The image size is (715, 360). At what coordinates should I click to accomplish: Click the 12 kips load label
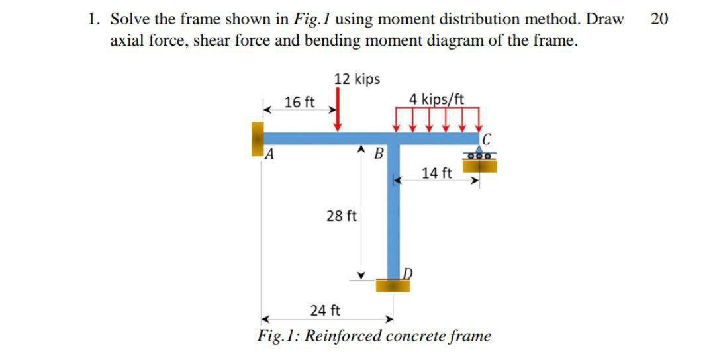click(x=357, y=79)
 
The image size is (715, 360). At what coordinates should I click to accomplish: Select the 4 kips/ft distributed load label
click(x=437, y=99)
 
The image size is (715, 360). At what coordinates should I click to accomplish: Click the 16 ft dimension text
click(x=299, y=102)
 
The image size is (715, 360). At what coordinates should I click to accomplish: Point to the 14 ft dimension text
click(x=437, y=173)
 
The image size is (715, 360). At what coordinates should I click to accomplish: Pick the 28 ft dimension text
click(x=342, y=216)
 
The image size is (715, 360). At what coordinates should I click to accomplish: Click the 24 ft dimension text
click(x=326, y=310)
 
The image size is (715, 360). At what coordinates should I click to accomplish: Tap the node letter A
click(x=268, y=156)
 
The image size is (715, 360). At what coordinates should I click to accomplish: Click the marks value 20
click(x=659, y=19)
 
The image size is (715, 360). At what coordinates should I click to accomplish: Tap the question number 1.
click(x=92, y=19)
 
